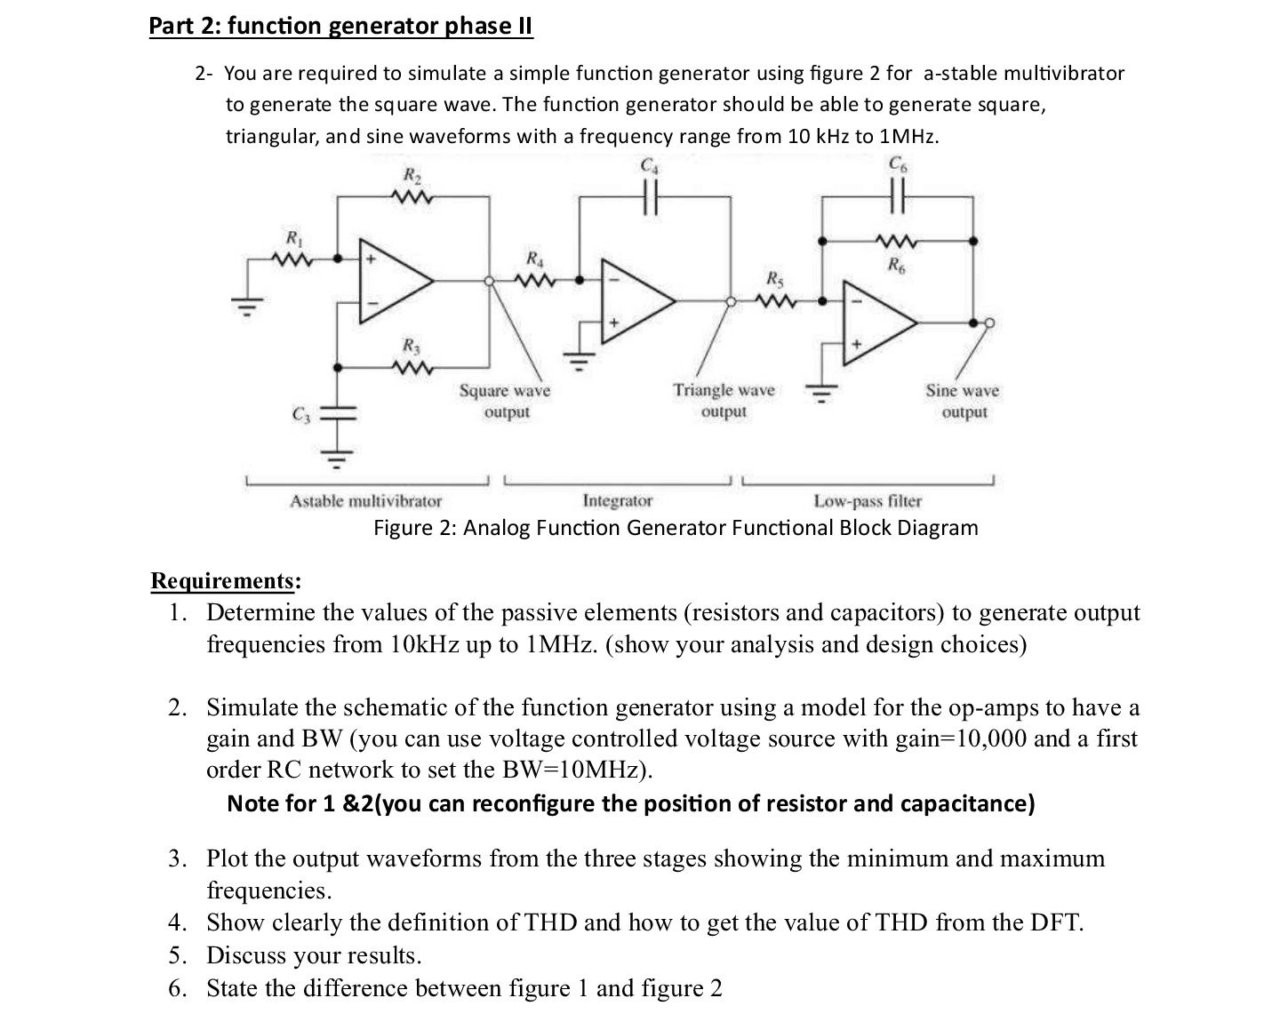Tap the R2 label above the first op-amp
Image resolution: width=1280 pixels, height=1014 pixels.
point(412,175)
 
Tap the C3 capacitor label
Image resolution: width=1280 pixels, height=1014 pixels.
point(299,414)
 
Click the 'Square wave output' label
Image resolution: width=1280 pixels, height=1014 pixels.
point(505,401)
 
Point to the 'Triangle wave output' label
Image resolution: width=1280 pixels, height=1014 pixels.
point(724,401)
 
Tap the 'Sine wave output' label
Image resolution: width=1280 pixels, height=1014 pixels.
point(963,401)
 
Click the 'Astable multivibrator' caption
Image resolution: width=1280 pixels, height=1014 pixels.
point(365,501)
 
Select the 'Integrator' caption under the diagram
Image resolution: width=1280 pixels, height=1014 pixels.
point(617,501)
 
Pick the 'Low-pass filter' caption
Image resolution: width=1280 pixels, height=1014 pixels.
point(868,501)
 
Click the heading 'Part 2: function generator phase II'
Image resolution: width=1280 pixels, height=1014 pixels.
point(340,26)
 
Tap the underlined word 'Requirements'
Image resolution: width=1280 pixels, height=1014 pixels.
point(222,580)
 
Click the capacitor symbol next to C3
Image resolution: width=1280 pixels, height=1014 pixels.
point(337,414)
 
